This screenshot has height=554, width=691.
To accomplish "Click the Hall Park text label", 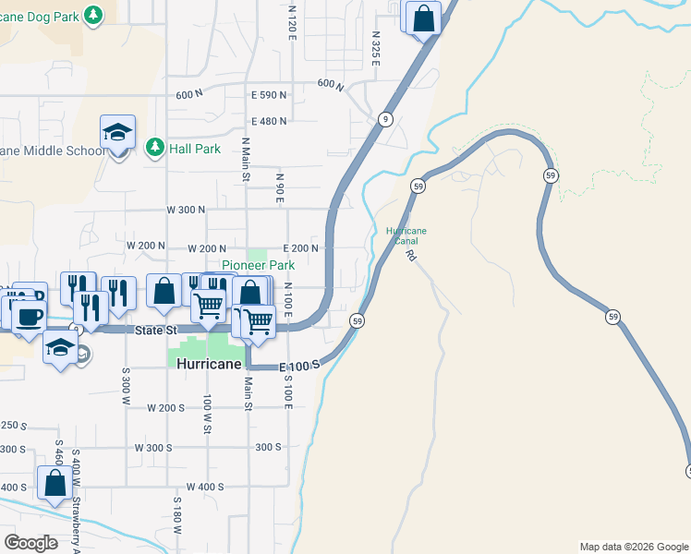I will pos(195,148).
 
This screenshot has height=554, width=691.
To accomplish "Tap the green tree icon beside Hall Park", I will pos(155,147).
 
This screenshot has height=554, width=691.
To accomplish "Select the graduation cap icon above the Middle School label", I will pos(118,133).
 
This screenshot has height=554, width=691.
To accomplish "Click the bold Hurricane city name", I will pos(209,364).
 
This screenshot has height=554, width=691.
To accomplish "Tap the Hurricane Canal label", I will pos(406,235).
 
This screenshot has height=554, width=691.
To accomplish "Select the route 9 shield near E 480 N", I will pos(384,119).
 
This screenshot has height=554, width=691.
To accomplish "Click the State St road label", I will pos(155,331).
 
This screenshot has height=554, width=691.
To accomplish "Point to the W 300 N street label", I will pos(186,210).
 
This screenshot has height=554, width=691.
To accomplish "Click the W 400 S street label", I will pos(205,487).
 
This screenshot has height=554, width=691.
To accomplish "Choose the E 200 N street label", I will pos(300,248).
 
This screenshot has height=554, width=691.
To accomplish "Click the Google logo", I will pos(30,543).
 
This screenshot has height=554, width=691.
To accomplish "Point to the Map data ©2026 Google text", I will pos(633,547).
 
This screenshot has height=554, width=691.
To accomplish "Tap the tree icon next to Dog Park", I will pos(93,14).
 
